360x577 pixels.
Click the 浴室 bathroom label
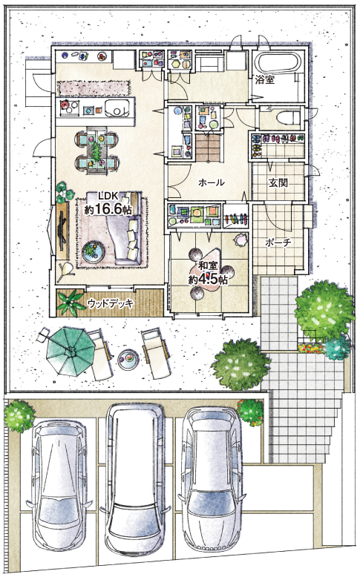pos(265,79)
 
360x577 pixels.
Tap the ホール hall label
pos(211,182)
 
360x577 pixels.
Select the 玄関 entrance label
pos(278,182)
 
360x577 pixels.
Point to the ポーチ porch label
pos(278,243)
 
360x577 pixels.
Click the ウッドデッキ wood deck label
pos(111,303)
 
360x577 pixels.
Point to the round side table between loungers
pos(128,357)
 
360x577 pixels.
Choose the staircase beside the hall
pos(208,147)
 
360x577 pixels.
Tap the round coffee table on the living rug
pos(94,251)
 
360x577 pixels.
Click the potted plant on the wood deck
pos(72,303)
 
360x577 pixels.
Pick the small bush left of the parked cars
pos(19,416)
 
